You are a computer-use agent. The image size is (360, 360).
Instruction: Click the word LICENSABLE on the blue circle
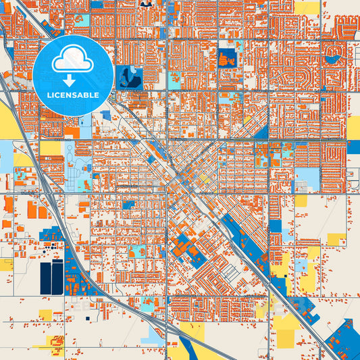click(x=73, y=95)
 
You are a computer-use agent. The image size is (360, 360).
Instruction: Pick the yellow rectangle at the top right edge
click(x=307, y=7)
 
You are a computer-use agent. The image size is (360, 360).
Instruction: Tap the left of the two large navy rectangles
click(x=45, y=278)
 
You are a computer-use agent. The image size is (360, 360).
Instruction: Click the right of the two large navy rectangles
click(x=57, y=277)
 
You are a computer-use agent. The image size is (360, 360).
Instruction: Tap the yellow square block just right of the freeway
click(x=50, y=148)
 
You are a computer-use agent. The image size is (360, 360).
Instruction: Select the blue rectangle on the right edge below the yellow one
click(x=353, y=147)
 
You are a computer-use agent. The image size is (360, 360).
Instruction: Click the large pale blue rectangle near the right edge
click(x=307, y=178)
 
